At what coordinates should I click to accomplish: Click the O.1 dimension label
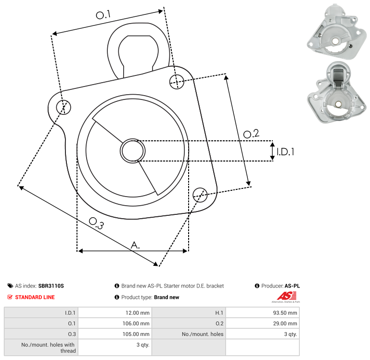[x=103, y=15]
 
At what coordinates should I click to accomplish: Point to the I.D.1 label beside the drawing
[x=285, y=152]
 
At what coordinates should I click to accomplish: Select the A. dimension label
[x=136, y=245]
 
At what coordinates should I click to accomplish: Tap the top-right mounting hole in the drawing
[x=177, y=81]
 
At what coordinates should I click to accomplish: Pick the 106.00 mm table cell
[x=136, y=323]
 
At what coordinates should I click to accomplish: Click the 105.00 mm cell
[x=136, y=334]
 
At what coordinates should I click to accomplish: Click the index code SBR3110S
[x=51, y=286]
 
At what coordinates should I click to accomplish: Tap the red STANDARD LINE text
[x=35, y=297]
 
